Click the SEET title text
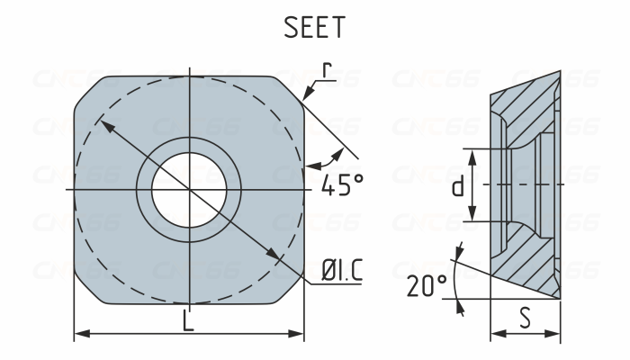tap(315, 28)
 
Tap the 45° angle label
tap(342, 185)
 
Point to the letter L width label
tap(188, 321)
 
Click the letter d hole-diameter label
tap(458, 186)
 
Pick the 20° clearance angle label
tap(426, 287)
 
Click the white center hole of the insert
tap(189, 189)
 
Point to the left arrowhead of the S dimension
tap(495, 335)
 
